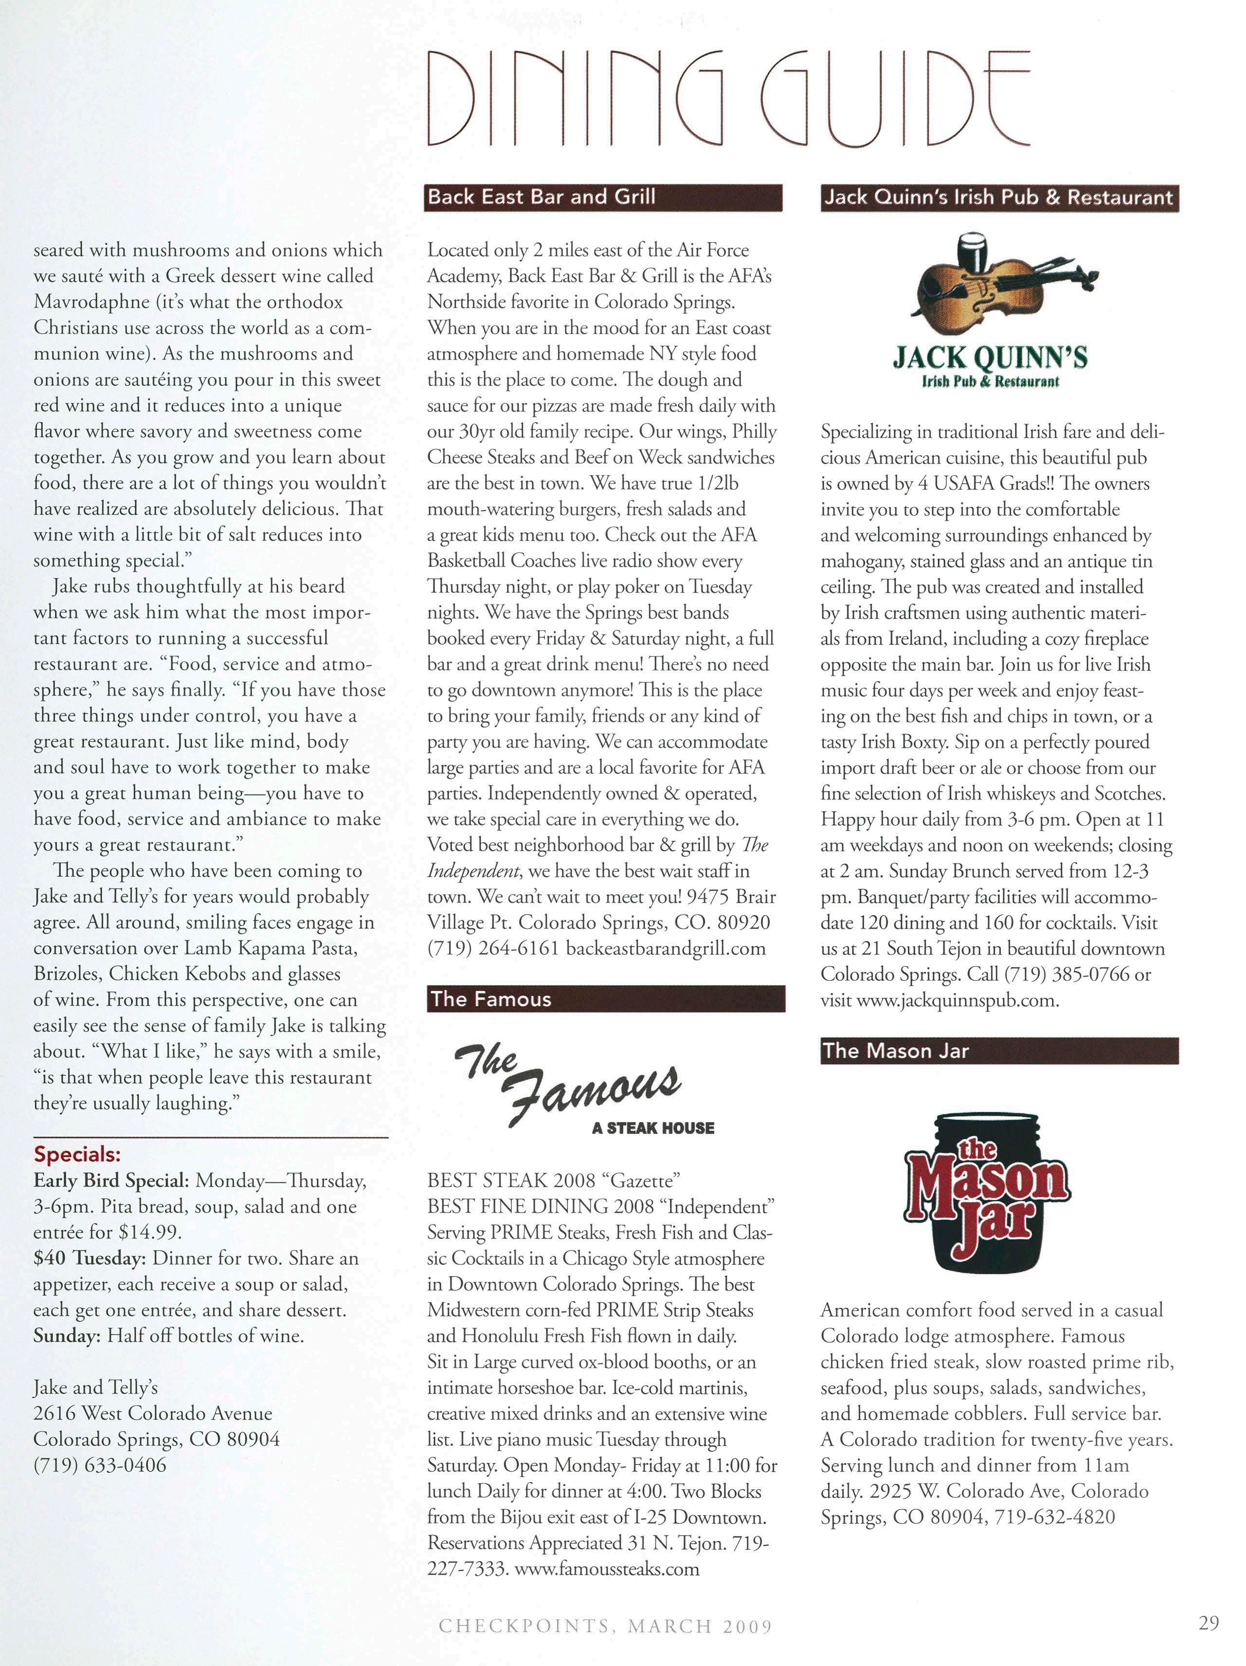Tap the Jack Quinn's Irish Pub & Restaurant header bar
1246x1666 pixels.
click(998, 198)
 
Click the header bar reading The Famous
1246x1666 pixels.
click(605, 999)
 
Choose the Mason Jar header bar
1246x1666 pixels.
click(999, 1050)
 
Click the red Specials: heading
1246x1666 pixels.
click(77, 1155)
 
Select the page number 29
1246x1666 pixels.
click(1209, 1622)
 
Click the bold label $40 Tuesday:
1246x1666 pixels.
click(90, 1258)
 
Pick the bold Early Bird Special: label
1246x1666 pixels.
click(110, 1180)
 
